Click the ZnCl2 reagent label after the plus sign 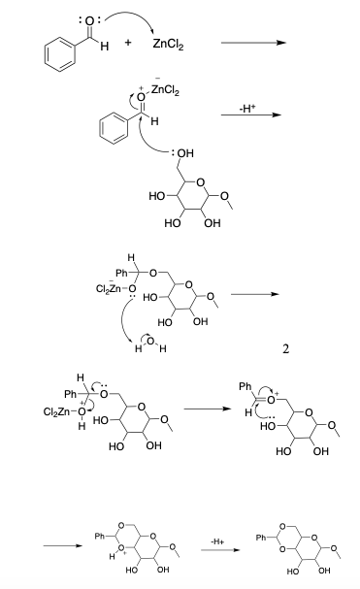[168, 45]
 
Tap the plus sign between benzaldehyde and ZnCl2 [128, 43]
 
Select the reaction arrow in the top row [253, 43]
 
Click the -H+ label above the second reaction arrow [247, 109]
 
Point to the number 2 [285, 349]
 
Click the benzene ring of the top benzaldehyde [60, 54]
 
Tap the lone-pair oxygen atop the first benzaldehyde [89, 21]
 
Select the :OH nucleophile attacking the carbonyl [182, 153]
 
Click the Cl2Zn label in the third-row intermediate [109, 288]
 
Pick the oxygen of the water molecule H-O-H [150, 341]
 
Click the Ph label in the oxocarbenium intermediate [245, 386]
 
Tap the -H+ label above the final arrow [217, 541]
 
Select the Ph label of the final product [261, 538]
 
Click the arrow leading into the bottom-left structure [63, 545]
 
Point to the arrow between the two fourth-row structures [208, 409]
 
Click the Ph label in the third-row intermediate [121, 273]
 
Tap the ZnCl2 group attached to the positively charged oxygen [165, 90]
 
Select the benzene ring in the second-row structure [114, 128]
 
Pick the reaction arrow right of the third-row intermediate [255, 295]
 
